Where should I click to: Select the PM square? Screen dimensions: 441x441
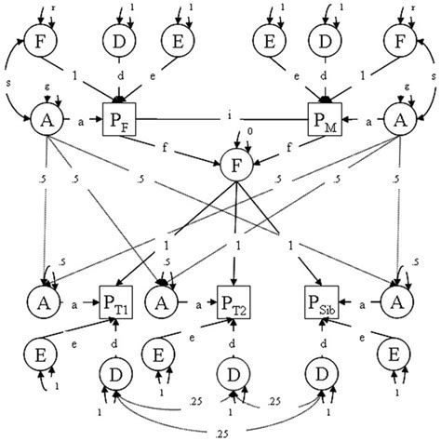coord(324,120)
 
